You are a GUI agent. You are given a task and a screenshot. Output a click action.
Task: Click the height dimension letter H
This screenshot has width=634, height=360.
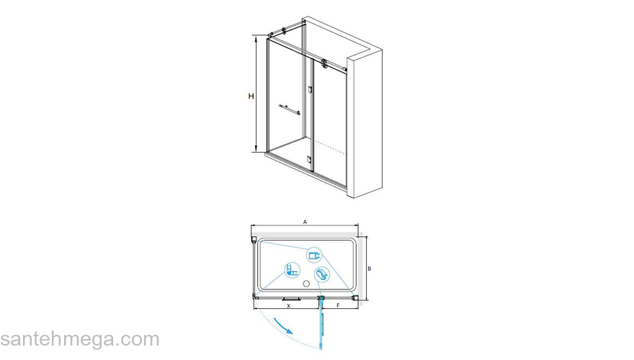pos(251,96)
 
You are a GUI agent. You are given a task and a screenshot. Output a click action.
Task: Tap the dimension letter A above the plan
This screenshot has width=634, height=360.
pos(305,222)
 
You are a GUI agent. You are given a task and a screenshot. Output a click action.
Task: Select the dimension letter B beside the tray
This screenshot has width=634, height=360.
pos(370,269)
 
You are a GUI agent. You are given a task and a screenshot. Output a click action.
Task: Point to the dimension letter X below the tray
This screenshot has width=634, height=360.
pos(288,306)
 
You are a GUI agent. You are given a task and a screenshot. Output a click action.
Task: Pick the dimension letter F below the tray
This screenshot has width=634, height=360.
pos(339,306)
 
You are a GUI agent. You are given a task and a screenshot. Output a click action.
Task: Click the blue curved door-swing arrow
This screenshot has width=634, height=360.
pos(282,325)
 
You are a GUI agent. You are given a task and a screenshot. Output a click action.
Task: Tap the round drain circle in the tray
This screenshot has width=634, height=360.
pos(306,284)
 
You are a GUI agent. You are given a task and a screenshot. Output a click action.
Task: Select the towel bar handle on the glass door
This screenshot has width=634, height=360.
pos(290,109)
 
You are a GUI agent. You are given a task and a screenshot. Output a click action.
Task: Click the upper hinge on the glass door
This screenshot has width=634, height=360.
pos(310,90)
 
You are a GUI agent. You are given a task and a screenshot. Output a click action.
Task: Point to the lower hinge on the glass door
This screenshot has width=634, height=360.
pos(310,159)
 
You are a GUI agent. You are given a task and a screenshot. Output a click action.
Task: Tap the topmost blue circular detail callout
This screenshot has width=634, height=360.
pos(314,256)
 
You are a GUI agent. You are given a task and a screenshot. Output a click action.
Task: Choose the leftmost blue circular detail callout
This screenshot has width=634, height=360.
pos(292,270)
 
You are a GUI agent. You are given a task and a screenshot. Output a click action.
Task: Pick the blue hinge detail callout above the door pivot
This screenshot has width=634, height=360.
pos(322,274)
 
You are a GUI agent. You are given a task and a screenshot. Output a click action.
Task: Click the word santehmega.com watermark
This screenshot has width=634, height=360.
pos(80,340)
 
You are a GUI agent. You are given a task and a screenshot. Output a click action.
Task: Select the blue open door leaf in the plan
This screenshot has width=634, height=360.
pos(322,323)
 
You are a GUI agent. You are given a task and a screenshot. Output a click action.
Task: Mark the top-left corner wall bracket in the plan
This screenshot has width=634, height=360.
pos(253,240)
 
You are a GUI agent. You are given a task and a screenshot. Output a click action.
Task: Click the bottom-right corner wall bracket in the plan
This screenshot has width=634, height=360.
pos(355,298)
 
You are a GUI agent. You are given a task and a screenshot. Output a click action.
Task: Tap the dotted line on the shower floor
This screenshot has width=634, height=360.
pos(331,148)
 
